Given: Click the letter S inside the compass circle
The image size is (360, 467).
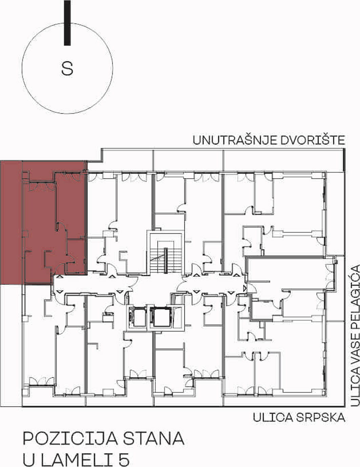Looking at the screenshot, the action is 67,68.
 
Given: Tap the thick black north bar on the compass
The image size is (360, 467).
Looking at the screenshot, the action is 67,23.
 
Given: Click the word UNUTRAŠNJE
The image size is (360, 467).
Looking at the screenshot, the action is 235,140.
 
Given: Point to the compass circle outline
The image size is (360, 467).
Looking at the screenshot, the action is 22,68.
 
